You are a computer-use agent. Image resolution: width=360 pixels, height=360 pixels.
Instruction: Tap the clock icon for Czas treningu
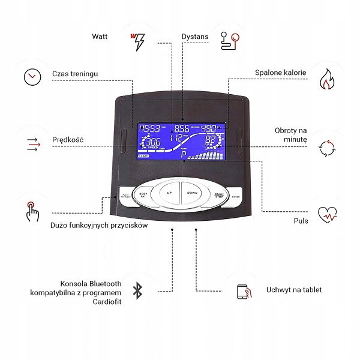click(32, 77)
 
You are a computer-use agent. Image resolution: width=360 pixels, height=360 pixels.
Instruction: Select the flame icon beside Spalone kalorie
click(328, 78)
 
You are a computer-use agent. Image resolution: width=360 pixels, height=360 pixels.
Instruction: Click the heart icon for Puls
click(328, 214)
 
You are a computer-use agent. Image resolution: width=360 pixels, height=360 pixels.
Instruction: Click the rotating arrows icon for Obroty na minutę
click(328, 146)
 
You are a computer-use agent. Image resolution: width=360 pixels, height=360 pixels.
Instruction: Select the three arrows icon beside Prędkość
click(32, 143)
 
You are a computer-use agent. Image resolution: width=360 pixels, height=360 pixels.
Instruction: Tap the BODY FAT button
click(143, 195)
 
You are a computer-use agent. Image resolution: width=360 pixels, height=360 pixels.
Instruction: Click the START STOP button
click(218, 195)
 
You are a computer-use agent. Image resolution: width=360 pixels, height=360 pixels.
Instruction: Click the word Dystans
click(195, 37)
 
